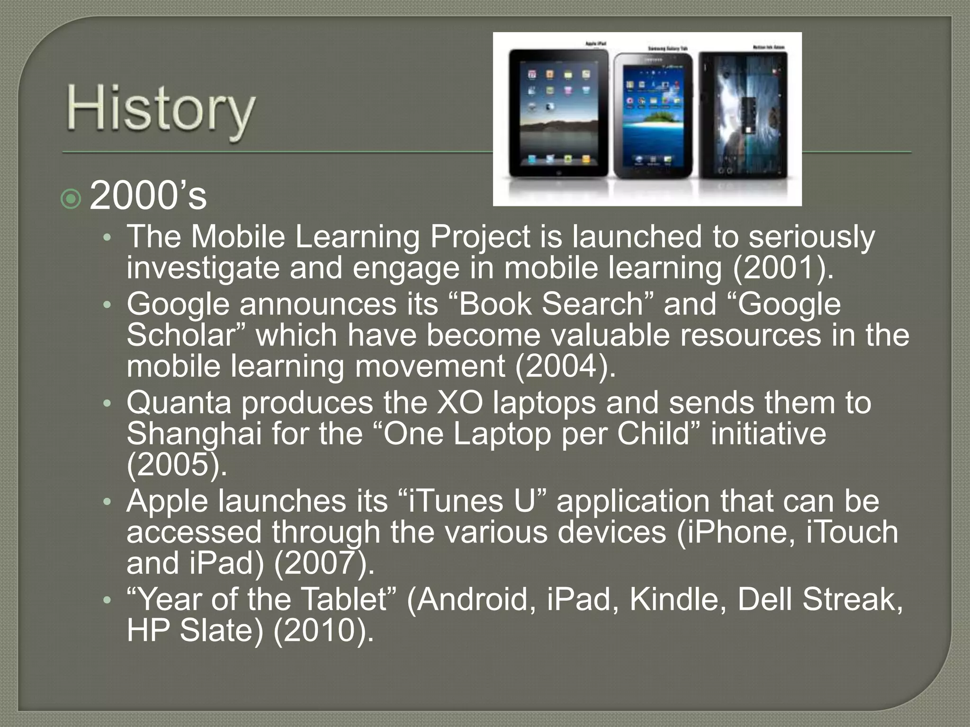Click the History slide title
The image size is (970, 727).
coord(160,111)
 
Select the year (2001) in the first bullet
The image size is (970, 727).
coord(782,268)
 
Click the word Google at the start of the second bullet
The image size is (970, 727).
coord(178,304)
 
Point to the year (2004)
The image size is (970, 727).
coord(565,366)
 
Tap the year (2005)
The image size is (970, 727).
coord(176,465)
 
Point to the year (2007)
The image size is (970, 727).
coord(323,563)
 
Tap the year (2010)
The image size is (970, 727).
coord(323,630)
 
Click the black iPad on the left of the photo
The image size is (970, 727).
coord(558,114)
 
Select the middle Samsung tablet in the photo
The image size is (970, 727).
coord(653,116)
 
